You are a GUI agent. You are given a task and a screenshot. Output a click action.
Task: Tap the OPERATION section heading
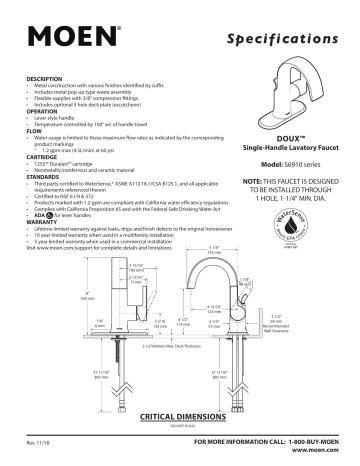[37, 113]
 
